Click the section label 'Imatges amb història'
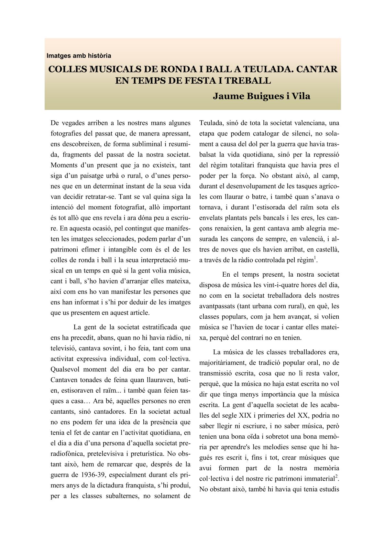pyautogui.click(x=79, y=56)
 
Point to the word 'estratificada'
pyautogui.click(x=151, y=327)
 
